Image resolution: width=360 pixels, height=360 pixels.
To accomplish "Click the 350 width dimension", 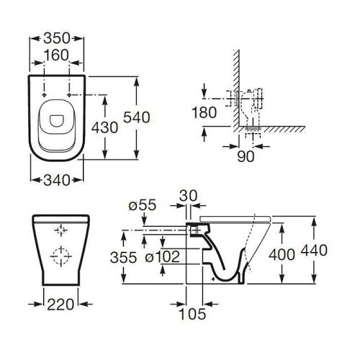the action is point(57,38).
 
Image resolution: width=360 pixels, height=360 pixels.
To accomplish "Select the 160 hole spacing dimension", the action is point(57,55).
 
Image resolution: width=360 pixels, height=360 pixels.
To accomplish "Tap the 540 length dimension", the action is point(137,117).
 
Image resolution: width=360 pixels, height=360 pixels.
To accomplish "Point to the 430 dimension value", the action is point(104,127).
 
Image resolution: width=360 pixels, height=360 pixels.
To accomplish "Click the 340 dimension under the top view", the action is point(57,180).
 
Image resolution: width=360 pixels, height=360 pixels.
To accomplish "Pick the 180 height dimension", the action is point(204,112).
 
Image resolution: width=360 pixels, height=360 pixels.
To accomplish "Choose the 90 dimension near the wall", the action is point(246,156).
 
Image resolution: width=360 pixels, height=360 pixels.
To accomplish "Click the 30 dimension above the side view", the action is point(189,196).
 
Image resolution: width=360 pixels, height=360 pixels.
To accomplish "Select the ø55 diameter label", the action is point(143,205).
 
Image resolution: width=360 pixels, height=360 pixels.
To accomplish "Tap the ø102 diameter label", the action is point(163,257).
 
